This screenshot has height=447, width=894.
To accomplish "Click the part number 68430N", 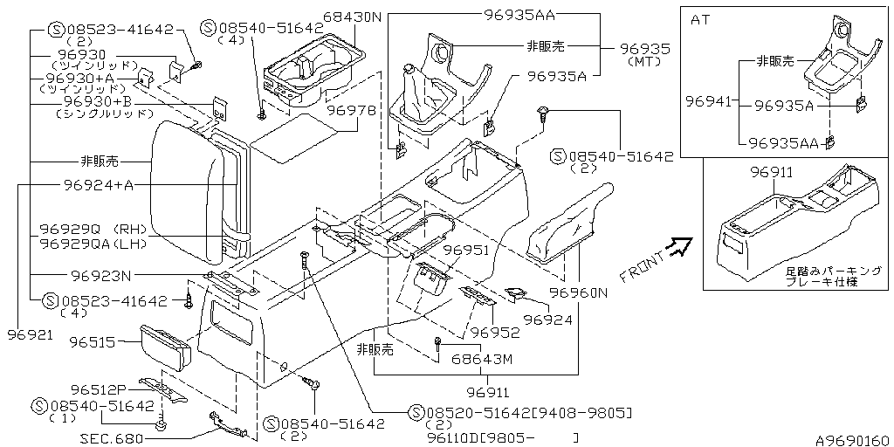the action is (x=352, y=17).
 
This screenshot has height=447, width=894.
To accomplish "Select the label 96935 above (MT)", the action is (x=645, y=49).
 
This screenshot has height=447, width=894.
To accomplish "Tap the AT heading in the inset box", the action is (x=701, y=20).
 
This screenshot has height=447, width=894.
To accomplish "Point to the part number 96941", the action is (x=707, y=102).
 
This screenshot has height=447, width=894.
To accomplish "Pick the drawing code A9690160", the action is (x=854, y=440).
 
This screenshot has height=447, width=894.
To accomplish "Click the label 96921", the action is (x=31, y=334).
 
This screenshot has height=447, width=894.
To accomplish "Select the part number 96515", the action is (x=93, y=342).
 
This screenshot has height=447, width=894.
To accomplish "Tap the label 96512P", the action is (x=98, y=390).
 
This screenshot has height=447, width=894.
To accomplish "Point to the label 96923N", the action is (x=101, y=276).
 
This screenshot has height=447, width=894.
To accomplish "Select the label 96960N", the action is (x=579, y=293).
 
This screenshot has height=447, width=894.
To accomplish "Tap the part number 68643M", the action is (x=481, y=360).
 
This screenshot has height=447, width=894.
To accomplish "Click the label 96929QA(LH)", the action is (x=93, y=244).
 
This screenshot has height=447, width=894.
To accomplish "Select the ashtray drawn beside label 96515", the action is (x=165, y=347).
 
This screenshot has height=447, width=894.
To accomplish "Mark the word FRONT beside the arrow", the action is (x=643, y=267).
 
